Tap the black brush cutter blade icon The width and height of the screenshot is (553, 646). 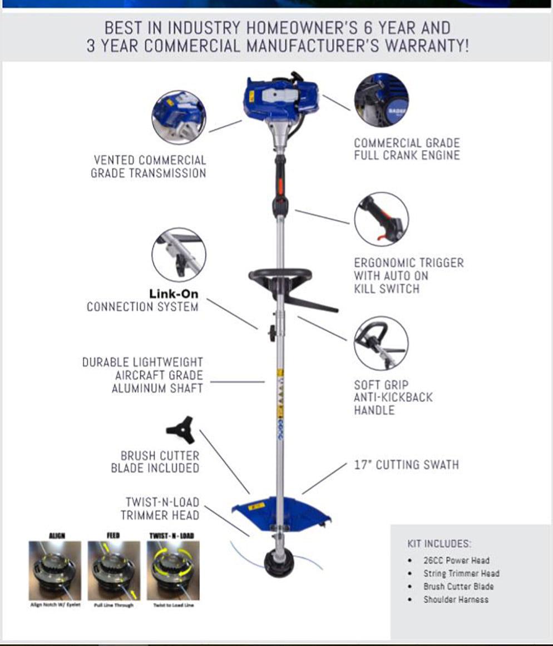pyautogui.click(x=180, y=429)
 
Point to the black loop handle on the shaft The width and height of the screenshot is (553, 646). pyautogui.click(x=280, y=276)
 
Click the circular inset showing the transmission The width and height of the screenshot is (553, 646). pyautogui.click(x=179, y=117)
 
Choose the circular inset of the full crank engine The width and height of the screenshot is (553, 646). pyautogui.click(x=381, y=100)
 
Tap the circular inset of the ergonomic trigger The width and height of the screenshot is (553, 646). pyautogui.click(x=381, y=219)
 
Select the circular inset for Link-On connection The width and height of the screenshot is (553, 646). pyautogui.click(x=179, y=255)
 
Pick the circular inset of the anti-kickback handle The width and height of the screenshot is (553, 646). pyautogui.click(x=381, y=343)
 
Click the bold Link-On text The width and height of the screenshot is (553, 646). pyautogui.click(x=173, y=294)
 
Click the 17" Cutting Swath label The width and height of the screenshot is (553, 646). pyautogui.click(x=406, y=465)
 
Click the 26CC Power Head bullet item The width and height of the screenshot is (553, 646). pyautogui.click(x=456, y=560)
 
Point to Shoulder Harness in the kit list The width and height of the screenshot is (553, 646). pyautogui.click(x=456, y=599)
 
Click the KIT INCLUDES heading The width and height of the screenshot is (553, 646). pyautogui.click(x=439, y=543)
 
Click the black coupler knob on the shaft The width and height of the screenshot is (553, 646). pyautogui.click(x=273, y=333)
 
